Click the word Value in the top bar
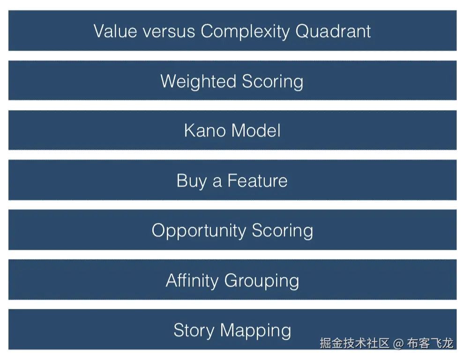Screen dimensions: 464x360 pos(115,31)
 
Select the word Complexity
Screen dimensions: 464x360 pos(245,32)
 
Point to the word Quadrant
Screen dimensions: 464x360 pos(333,31)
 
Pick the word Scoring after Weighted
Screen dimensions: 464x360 pos(272,82)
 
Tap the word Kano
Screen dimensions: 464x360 pos(205,130)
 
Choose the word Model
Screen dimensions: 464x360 pos(256,130)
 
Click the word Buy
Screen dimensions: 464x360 pos(192,181)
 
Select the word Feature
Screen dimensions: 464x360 pos(257,180)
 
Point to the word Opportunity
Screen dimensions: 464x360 pos(199,231)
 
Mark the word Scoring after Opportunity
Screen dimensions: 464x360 pos(283,231)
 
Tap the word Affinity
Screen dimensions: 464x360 pos(192,280)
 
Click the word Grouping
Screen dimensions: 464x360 pos(262,281)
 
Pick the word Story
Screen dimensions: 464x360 pos(194,330)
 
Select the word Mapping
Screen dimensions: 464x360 pos(256,330)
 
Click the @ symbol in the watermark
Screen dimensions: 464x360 pos(398,344)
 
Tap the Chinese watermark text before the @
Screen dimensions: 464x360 pos(354,343)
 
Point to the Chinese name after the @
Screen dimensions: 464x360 pos(430,343)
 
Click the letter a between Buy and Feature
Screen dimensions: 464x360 pos(217,182)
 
